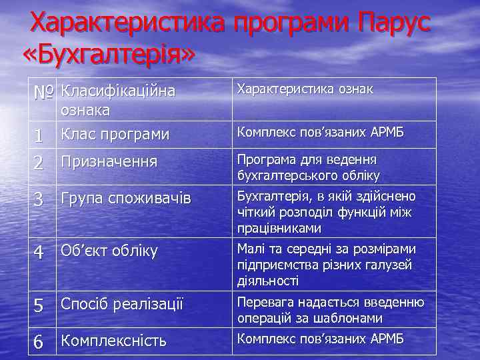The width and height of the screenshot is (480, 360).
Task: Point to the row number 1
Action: tap(39, 135)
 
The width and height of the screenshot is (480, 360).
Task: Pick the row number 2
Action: tap(39, 162)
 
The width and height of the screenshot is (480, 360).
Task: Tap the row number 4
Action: tap(39, 252)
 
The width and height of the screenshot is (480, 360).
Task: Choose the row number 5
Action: tap(39, 305)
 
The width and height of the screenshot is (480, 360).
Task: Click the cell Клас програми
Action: tap(115, 134)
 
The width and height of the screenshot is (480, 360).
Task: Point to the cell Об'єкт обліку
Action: tap(109, 251)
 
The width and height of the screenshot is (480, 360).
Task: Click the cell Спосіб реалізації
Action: tap(122, 304)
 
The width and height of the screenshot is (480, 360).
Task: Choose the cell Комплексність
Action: tap(114, 341)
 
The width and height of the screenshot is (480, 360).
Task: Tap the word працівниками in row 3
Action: tap(279, 228)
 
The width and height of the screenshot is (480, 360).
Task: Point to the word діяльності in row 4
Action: tap(266, 281)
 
